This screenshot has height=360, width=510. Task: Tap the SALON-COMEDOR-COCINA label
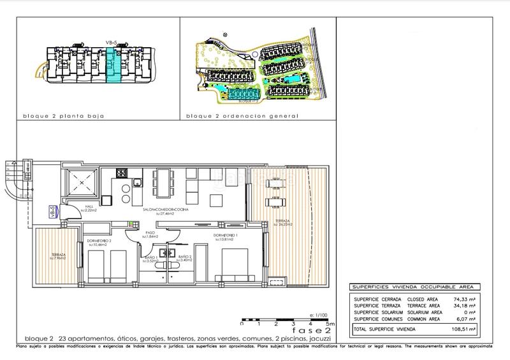165,211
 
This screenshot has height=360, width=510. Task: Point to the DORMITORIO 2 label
99,242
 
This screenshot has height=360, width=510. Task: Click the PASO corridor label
151,234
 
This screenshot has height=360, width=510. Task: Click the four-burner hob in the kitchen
121,173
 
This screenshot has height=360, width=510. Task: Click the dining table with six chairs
163,184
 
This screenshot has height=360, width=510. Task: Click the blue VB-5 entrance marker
52,212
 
